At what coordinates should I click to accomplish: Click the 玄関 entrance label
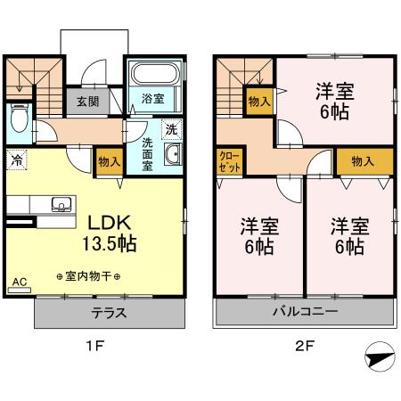(87, 101)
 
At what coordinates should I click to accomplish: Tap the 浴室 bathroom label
(152, 99)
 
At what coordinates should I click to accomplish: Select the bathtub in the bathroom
(154, 73)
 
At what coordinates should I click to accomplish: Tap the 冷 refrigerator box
(17, 160)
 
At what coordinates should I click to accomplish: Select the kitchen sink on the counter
(61, 202)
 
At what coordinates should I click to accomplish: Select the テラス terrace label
(108, 313)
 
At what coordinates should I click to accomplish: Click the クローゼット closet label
(230, 162)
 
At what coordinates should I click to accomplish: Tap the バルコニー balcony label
(305, 313)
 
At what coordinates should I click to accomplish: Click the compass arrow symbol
(379, 356)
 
